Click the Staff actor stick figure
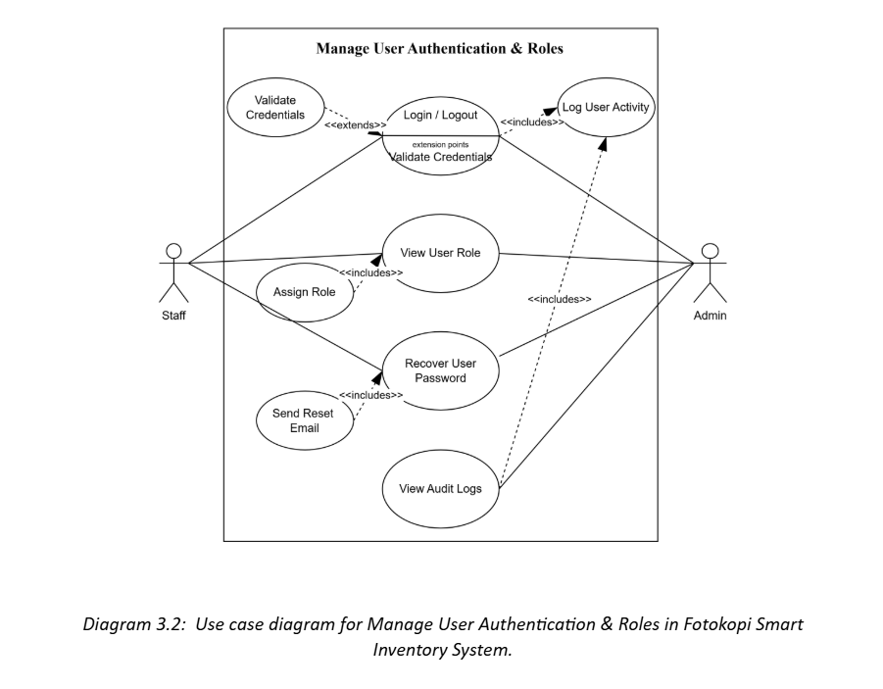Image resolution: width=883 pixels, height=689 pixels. coord(174,273)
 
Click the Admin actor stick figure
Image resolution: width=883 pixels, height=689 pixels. coord(711,273)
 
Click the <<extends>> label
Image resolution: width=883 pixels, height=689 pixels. coord(356,125)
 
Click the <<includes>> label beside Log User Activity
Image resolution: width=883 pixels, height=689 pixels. coord(531,123)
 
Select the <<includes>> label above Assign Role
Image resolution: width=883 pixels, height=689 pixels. coord(371,272)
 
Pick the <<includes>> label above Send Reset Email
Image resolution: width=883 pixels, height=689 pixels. coord(371,395)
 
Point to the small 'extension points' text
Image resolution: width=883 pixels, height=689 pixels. coord(440,145)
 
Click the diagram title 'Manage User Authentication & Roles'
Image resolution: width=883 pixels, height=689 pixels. coord(440,48)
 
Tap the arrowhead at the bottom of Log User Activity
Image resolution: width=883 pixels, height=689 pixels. coord(603,144)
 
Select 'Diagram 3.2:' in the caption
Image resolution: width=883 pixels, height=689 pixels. coord(134,624)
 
